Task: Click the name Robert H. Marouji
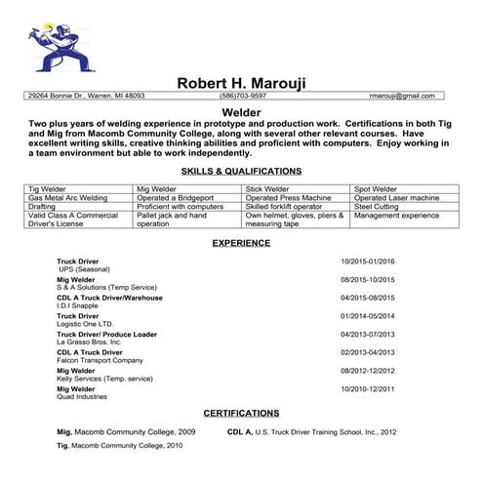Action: tap(241, 83)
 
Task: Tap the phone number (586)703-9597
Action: tap(242, 97)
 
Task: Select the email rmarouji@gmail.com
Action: tap(401, 97)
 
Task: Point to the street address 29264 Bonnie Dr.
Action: tap(86, 97)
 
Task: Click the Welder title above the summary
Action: tap(241, 113)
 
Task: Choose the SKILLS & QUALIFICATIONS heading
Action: tap(241, 171)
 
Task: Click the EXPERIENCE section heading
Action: tap(241, 242)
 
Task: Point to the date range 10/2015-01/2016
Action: tap(367, 262)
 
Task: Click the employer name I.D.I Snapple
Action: tap(80, 305)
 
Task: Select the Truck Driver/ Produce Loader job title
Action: tap(106, 334)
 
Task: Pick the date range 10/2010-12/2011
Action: tap(367, 388)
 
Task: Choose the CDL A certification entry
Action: tap(311, 430)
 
